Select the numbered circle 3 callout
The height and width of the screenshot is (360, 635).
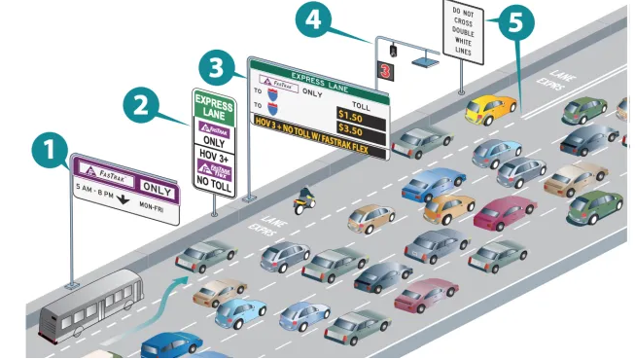[216, 69]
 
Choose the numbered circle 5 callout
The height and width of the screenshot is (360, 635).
[515, 23]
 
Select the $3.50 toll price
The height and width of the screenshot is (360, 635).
[351, 129]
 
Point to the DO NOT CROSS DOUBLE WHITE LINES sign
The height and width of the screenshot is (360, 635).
[462, 32]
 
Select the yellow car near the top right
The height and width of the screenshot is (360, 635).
[489, 106]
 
